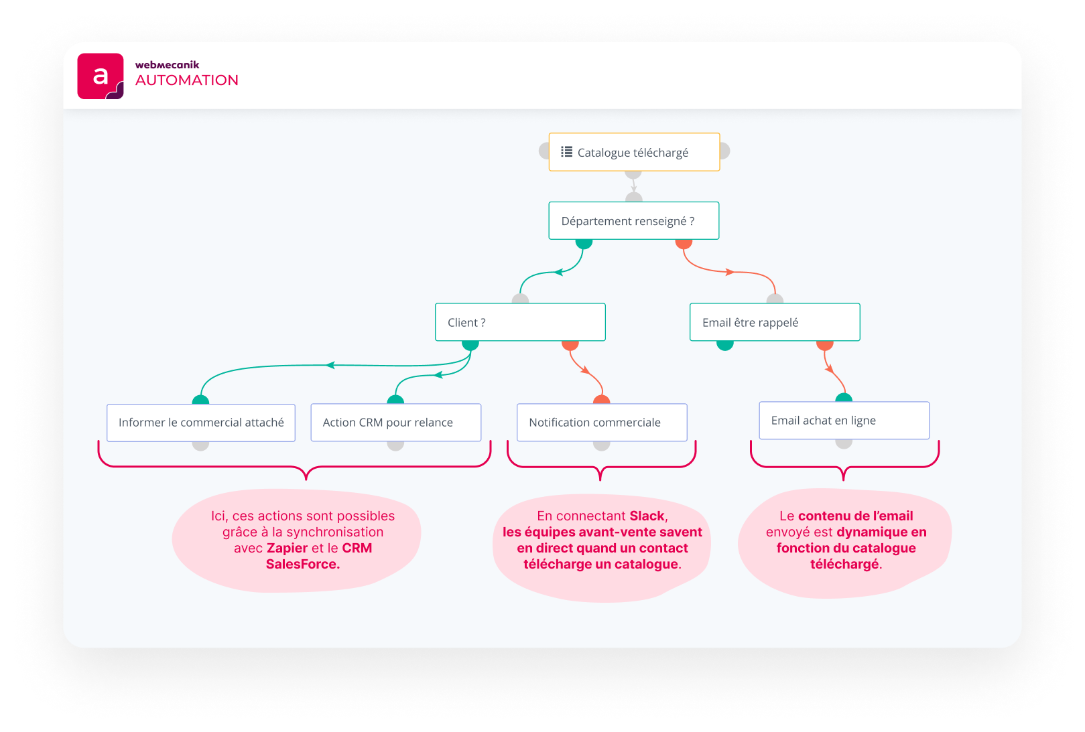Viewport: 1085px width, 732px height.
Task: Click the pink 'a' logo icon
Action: (x=101, y=76)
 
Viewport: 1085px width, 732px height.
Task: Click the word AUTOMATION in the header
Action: (x=187, y=80)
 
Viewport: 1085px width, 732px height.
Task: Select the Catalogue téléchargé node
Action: (x=633, y=153)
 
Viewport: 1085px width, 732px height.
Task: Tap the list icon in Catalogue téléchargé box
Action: (x=567, y=152)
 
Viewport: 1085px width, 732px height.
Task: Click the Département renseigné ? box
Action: (x=633, y=221)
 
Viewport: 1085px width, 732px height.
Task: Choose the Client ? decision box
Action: (x=520, y=322)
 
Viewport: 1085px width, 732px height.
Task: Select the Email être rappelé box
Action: (x=775, y=322)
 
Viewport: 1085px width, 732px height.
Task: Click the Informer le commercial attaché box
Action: (x=201, y=423)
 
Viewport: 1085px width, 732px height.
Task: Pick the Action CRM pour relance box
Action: (x=395, y=423)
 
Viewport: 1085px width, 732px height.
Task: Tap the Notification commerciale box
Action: (x=602, y=423)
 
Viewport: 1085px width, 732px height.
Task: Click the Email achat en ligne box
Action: (x=844, y=421)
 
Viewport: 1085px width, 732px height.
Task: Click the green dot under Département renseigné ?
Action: (x=584, y=243)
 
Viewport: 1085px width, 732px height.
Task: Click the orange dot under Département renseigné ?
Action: (x=684, y=243)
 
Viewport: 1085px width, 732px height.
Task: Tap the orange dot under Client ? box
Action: (x=570, y=345)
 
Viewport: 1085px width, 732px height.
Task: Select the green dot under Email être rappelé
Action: (x=725, y=345)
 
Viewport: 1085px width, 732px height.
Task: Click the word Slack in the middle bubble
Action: (x=647, y=516)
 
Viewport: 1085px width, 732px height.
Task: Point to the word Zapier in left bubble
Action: (x=287, y=548)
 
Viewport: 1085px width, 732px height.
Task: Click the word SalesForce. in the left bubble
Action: (x=303, y=564)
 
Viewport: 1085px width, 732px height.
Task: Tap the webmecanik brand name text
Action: (x=168, y=65)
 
